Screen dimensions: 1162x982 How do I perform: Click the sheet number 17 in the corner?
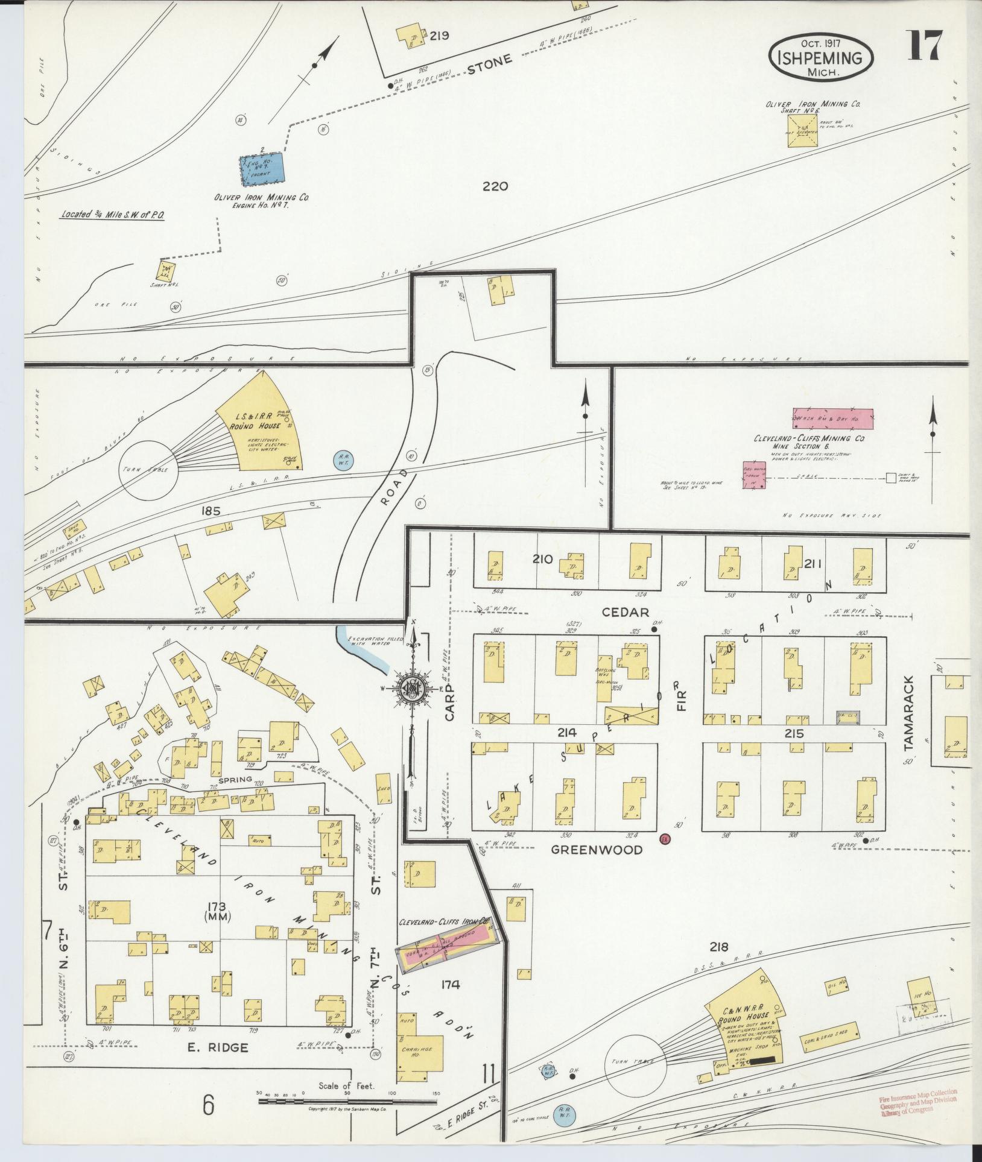tap(924, 45)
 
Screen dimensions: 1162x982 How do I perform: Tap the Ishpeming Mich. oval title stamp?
tap(821, 57)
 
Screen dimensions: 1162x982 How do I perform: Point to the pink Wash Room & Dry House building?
tap(832, 417)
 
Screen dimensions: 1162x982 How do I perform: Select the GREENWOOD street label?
tap(596, 850)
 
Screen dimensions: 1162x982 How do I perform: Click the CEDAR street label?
tap(626, 612)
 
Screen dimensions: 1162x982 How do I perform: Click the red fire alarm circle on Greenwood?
tap(665, 839)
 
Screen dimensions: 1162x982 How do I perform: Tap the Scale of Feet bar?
tap(347, 1102)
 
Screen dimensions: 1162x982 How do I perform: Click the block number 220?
tap(495, 186)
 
